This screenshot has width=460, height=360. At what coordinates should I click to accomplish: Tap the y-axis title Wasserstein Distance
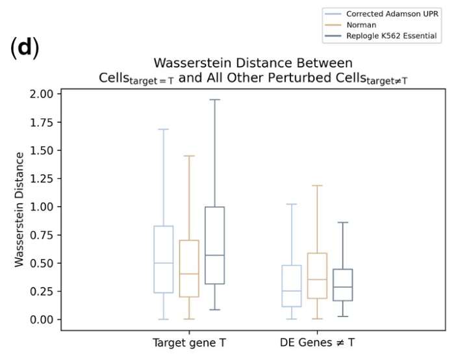coord(19,209)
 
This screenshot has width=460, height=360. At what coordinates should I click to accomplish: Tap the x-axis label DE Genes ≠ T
coord(318,342)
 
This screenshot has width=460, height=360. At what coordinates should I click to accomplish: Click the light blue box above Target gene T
coord(164,259)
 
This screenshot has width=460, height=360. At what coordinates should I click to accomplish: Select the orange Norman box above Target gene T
coord(189,268)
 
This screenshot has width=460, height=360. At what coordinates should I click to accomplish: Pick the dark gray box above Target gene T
coord(214,246)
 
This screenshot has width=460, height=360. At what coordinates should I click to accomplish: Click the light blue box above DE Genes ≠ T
coord(292,286)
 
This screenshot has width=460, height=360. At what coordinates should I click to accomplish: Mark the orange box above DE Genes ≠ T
coord(317,276)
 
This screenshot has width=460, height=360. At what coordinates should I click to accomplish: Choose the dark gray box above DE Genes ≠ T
coord(342,285)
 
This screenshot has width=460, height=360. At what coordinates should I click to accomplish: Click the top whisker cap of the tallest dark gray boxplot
coord(214,99)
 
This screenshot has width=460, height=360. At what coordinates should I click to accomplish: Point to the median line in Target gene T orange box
coord(189,274)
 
